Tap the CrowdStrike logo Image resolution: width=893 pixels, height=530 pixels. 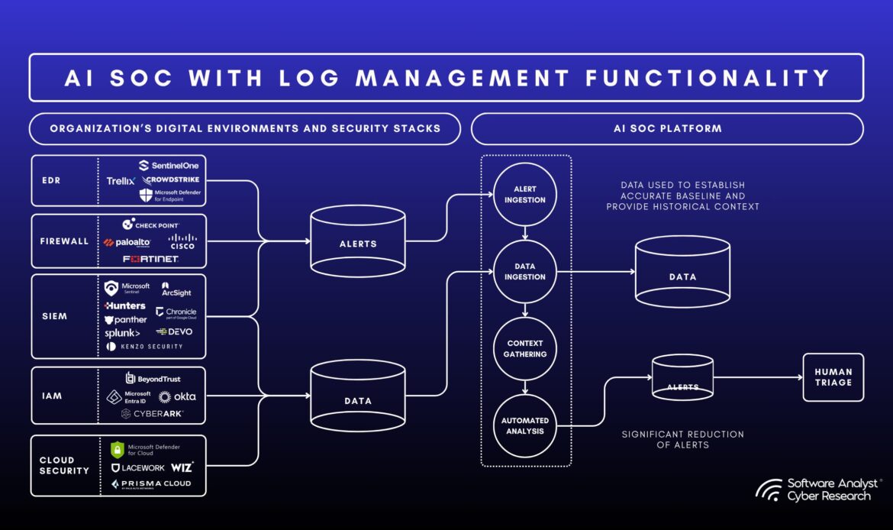tap(172, 180)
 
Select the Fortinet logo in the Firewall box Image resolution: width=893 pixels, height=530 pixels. tap(150, 260)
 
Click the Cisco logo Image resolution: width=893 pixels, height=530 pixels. tap(182, 241)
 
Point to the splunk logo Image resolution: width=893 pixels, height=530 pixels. tap(122, 333)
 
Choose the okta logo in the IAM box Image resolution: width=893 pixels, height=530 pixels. tap(177, 396)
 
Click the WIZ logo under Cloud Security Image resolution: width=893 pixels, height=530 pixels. tap(182, 467)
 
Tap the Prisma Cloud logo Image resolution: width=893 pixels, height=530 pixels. tap(151, 484)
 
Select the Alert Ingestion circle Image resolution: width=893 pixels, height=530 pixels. tap(525, 194)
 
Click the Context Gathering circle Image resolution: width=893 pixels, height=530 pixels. tap(525, 349)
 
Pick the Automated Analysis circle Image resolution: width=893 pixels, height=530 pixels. tap(525, 426)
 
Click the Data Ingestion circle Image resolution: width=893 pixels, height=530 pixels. tap(525, 272)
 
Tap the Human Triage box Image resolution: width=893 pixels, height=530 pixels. tap(833, 377)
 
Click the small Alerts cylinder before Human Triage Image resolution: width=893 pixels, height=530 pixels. tap(682, 377)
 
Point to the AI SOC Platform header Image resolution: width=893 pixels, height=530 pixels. tap(667, 128)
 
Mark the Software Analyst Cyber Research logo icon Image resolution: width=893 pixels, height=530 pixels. tap(769, 490)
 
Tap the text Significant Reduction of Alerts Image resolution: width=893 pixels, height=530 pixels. tap(682, 439)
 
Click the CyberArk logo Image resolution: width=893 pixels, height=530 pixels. tap(152, 414)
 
